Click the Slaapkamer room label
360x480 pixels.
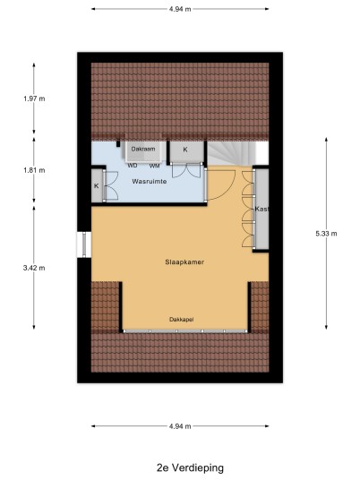184,262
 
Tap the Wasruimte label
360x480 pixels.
150,182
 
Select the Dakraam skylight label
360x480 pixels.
143,149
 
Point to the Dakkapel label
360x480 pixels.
182,320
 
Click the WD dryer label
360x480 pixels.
133,166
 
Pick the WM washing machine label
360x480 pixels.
155,166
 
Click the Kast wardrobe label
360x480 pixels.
261,209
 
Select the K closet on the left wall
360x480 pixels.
97,185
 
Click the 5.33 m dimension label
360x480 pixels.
326,234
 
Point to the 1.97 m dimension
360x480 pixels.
34,99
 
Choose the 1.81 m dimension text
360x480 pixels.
34,170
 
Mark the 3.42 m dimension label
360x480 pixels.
34,268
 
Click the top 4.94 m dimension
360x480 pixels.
180,9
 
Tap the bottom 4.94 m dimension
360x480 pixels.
180,426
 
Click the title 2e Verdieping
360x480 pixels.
190,467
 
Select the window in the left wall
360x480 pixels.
83,244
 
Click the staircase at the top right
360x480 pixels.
231,153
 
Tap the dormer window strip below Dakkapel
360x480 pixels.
185,331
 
